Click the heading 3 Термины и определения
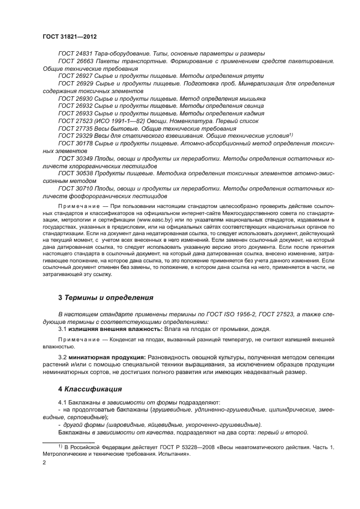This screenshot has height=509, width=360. click(x=106, y=298)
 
